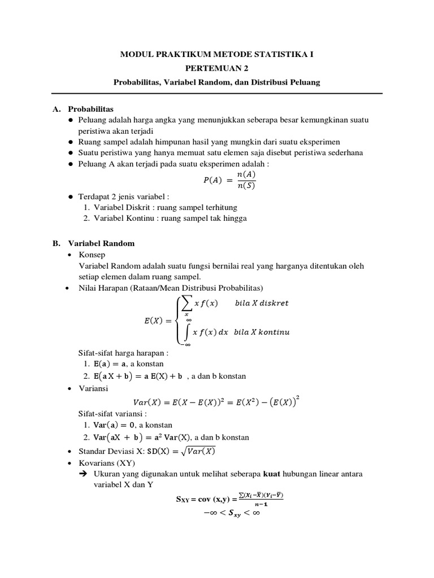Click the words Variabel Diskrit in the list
pos(119,207)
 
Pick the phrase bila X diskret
pos(262,303)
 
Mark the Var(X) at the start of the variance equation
pos(146,402)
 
